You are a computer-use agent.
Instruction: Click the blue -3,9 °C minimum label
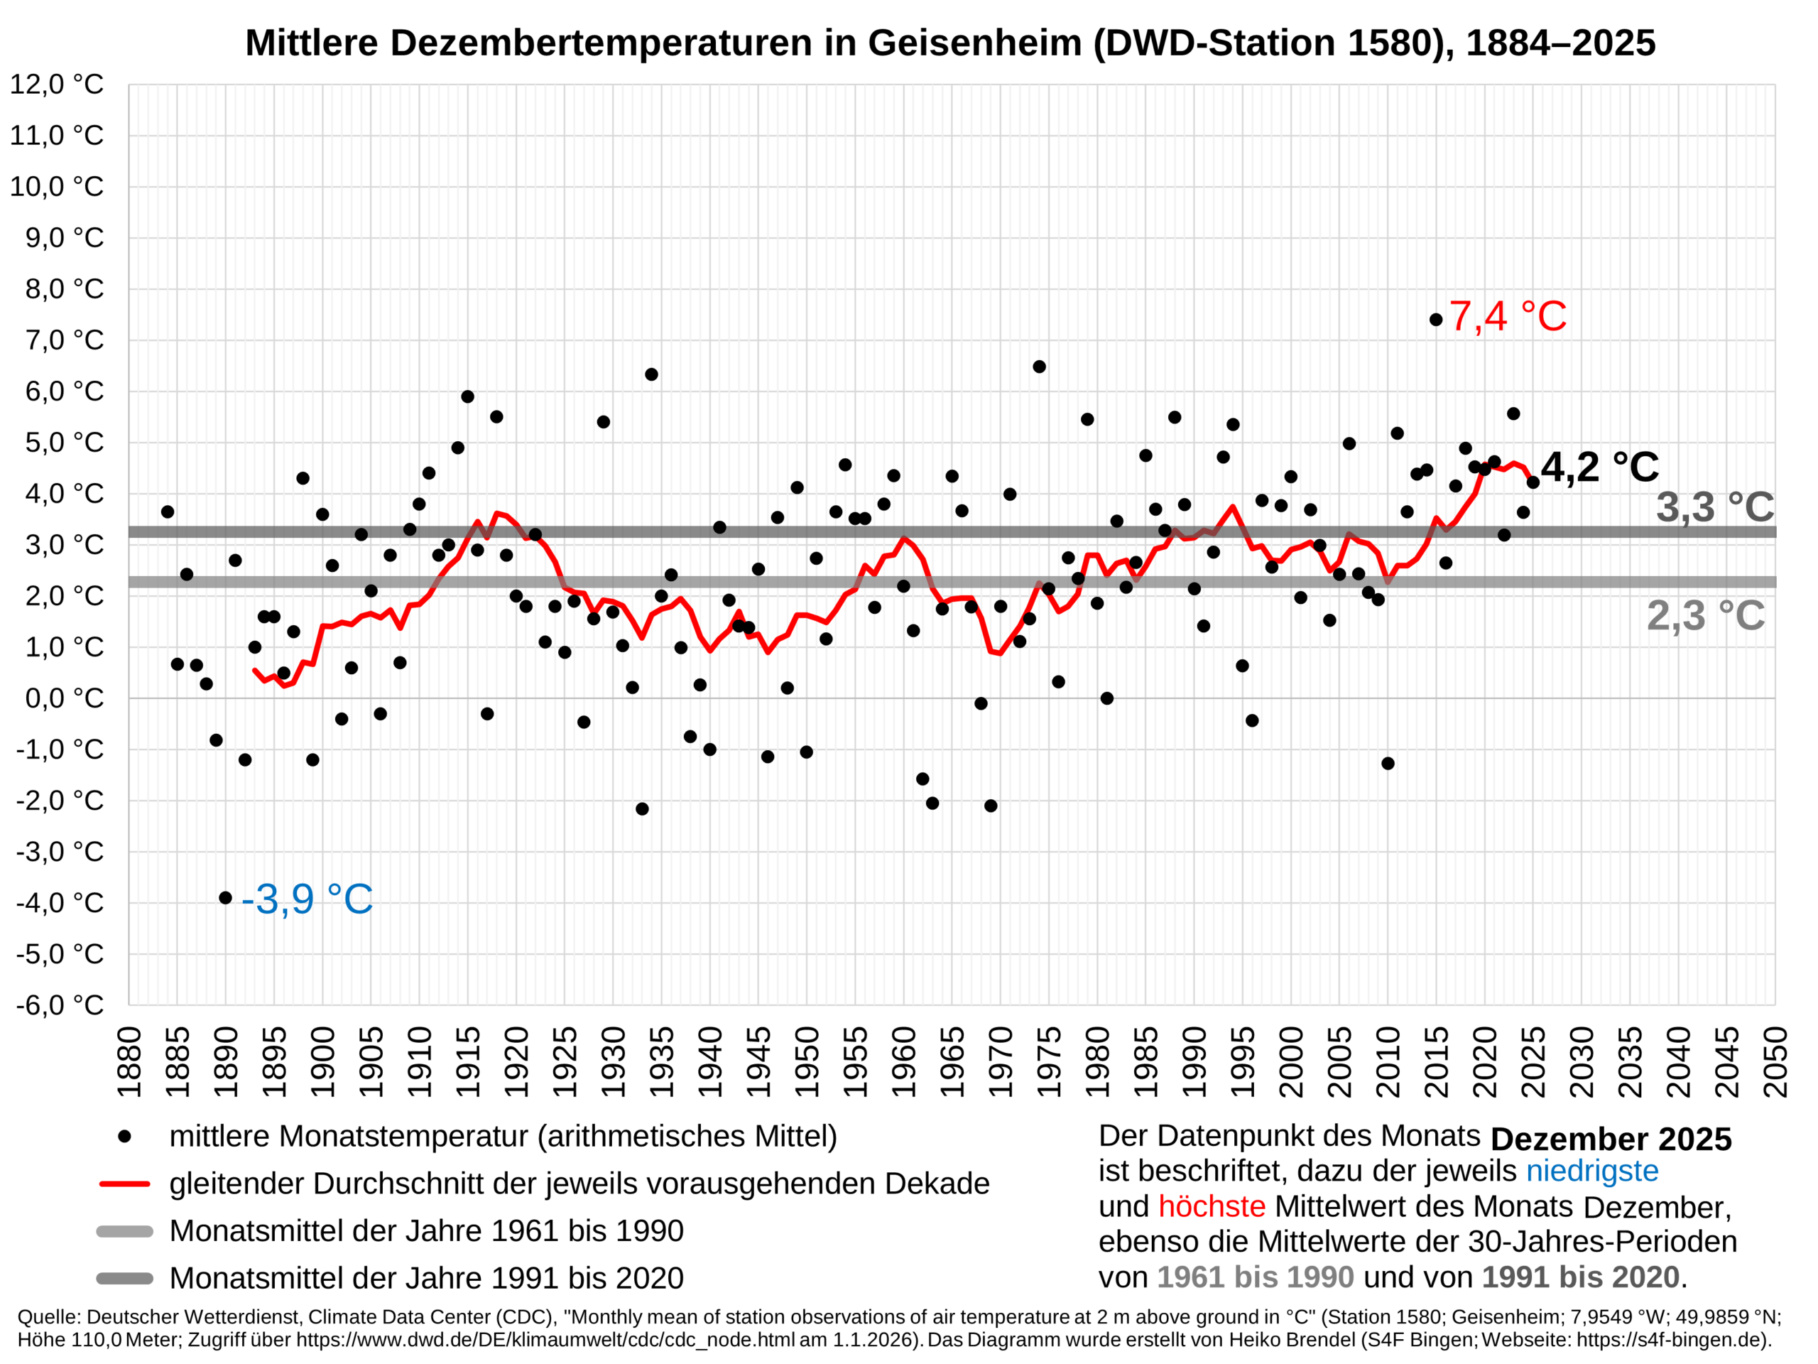[307, 899]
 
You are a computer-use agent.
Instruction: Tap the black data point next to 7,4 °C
[1436, 320]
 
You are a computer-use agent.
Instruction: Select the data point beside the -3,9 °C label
[225, 898]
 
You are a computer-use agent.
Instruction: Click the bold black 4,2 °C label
[1599, 467]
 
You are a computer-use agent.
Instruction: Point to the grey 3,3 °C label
[1714, 507]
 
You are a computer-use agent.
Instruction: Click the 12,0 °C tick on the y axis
[57, 84]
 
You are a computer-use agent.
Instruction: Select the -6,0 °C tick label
[60, 1005]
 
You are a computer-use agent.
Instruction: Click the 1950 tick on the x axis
[807, 1061]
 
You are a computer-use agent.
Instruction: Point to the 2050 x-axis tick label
[1775, 1061]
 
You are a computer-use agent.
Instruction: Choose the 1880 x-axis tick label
[129, 1061]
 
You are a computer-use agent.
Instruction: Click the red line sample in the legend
[125, 1184]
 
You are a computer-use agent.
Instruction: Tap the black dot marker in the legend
[125, 1136]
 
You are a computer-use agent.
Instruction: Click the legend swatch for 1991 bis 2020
[125, 1279]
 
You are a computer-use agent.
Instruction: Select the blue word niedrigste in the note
[1592, 1171]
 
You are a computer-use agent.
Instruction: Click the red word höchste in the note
[1212, 1206]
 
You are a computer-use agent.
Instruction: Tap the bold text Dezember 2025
[1610, 1139]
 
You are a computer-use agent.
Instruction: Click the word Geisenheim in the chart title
[974, 43]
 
